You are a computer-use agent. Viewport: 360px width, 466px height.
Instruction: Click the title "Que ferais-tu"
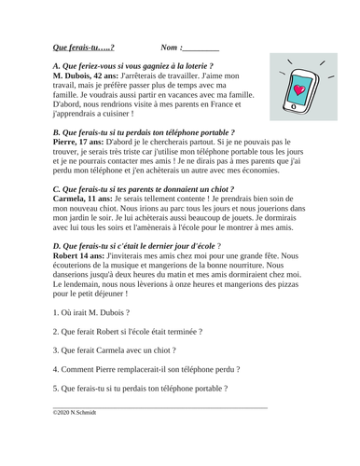pos(83,46)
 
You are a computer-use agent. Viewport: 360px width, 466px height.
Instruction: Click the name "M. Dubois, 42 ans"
pos(87,76)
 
